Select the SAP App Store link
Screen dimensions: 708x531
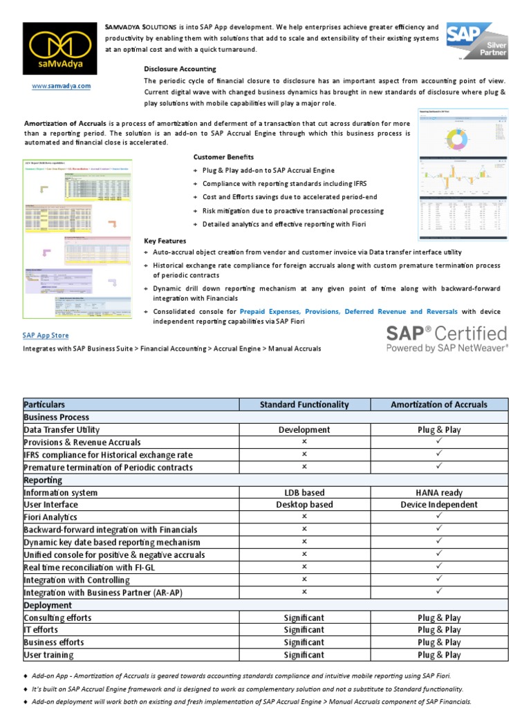pyautogui.click(x=46, y=335)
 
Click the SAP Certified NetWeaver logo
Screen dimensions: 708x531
pyautogui.click(x=447, y=338)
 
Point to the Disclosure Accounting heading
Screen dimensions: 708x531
pyautogui.click(x=180, y=69)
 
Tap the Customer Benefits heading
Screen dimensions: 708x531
pyautogui.click(x=223, y=157)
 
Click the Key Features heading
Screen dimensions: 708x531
pyautogui.click(x=165, y=241)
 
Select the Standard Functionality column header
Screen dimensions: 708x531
pyautogui.click(x=304, y=404)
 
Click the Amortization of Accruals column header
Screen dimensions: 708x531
pyautogui.click(x=439, y=404)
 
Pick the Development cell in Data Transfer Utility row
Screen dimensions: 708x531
pyautogui.click(x=304, y=429)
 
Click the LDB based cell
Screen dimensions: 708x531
pyautogui.click(x=304, y=492)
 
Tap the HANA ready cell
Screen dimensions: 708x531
pyautogui.click(x=439, y=492)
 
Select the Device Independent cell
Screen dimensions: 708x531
pyautogui.click(x=439, y=505)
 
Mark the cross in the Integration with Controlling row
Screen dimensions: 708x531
pyautogui.click(x=304, y=579)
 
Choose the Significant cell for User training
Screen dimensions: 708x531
pyautogui.click(x=304, y=655)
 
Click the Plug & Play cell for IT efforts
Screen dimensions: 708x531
pyautogui.click(x=439, y=630)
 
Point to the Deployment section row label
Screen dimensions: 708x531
pyautogui.click(x=48, y=605)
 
